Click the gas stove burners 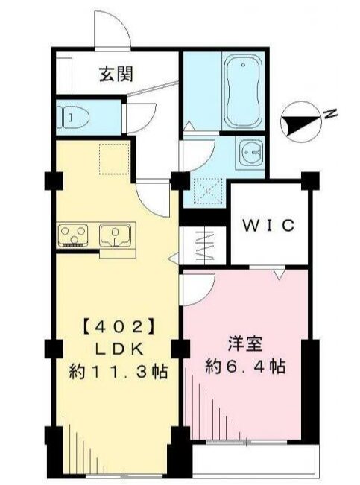coord(74,235)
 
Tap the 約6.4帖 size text coord(246,367)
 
